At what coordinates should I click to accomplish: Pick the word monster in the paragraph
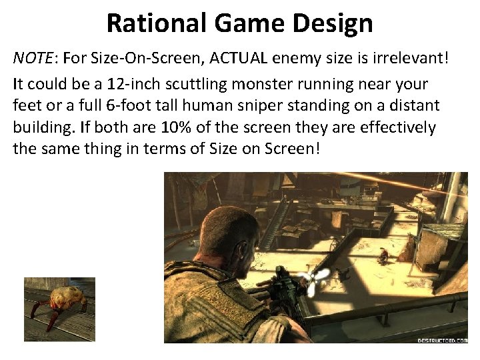pos(265,85)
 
